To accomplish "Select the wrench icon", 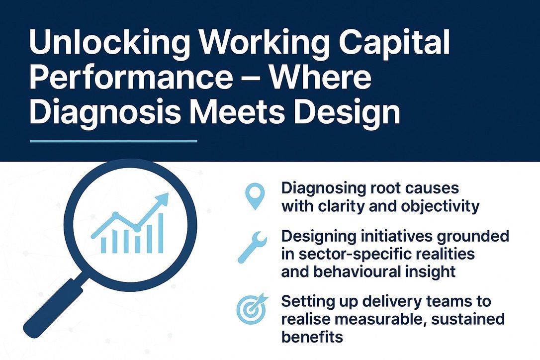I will point(253,249).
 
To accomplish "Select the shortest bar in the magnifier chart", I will point(104,245).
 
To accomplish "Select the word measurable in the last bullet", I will point(376,319).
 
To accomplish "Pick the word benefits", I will point(312,337).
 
